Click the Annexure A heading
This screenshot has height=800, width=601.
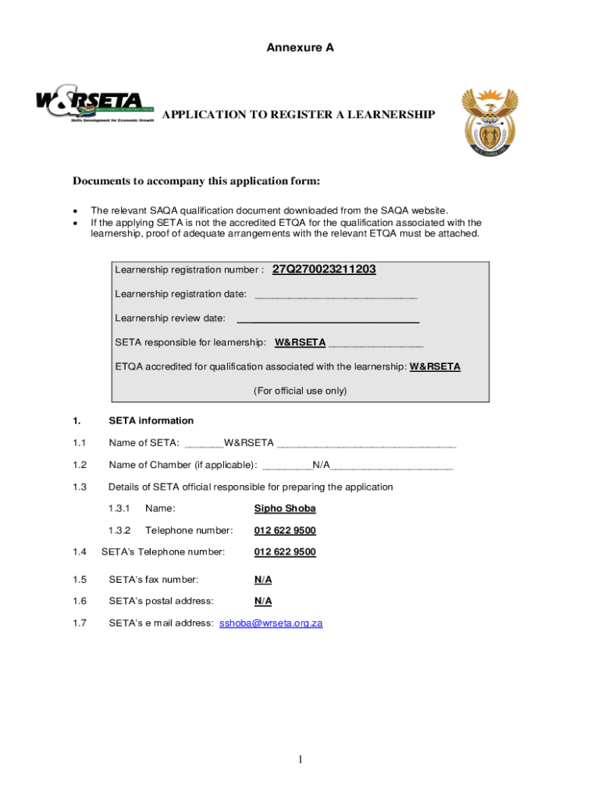[x=300, y=48]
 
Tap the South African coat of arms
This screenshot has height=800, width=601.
[x=489, y=121]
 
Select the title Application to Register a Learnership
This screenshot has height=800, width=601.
[x=298, y=115]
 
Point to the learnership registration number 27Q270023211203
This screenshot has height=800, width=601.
[x=324, y=270]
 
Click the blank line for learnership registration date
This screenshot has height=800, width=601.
[x=336, y=295]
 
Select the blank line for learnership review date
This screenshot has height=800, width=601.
[x=328, y=320]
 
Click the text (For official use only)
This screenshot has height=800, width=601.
[x=300, y=391]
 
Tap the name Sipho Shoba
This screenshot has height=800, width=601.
[x=285, y=509]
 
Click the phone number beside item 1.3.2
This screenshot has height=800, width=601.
[x=285, y=530]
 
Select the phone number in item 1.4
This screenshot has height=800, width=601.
[x=285, y=552]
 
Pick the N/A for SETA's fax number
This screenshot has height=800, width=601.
[x=263, y=580]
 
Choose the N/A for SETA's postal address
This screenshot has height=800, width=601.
[x=263, y=601]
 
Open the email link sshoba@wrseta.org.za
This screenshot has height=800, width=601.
[x=271, y=623]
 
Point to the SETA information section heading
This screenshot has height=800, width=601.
[x=151, y=420]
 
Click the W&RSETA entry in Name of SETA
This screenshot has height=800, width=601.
[x=249, y=443]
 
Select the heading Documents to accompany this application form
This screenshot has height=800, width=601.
[x=197, y=181]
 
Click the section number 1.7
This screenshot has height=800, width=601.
[x=79, y=623]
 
